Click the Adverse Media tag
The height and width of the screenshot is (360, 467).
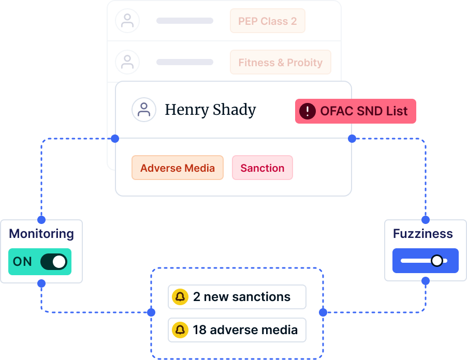(x=178, y=168)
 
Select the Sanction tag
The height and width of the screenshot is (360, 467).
(x=262, y=168)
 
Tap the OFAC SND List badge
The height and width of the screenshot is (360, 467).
(x=356, y=111)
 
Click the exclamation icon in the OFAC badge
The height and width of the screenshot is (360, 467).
(x=308, y=111)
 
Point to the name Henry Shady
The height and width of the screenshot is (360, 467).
(x=210, y=110)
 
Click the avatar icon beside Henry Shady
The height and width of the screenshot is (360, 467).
(x=144, y=110)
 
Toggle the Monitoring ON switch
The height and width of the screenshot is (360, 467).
(x=54, y=262)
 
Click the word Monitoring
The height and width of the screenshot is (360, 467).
(x=41, y=234)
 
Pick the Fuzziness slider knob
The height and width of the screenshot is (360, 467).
(x=437, y=261)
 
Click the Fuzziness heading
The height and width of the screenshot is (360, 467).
(x=423, y=234)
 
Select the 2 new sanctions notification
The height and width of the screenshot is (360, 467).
(x=237, y=297)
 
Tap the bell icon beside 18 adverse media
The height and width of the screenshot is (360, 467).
(x=180, y=330)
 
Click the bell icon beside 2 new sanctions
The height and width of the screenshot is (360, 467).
(x=180, y=297)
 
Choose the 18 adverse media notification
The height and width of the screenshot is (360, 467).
(x=237, y=330)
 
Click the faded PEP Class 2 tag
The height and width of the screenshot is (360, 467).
(x=268, y=21)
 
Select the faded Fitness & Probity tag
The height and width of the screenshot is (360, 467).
(x=281, y=62)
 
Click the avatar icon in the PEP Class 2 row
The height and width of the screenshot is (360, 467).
(x=127, y=21)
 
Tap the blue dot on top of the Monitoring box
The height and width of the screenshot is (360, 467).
(x=41, y=220)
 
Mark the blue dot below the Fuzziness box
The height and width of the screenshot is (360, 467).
(x=426, y=281)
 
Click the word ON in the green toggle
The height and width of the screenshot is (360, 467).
(x=22, y=262)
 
